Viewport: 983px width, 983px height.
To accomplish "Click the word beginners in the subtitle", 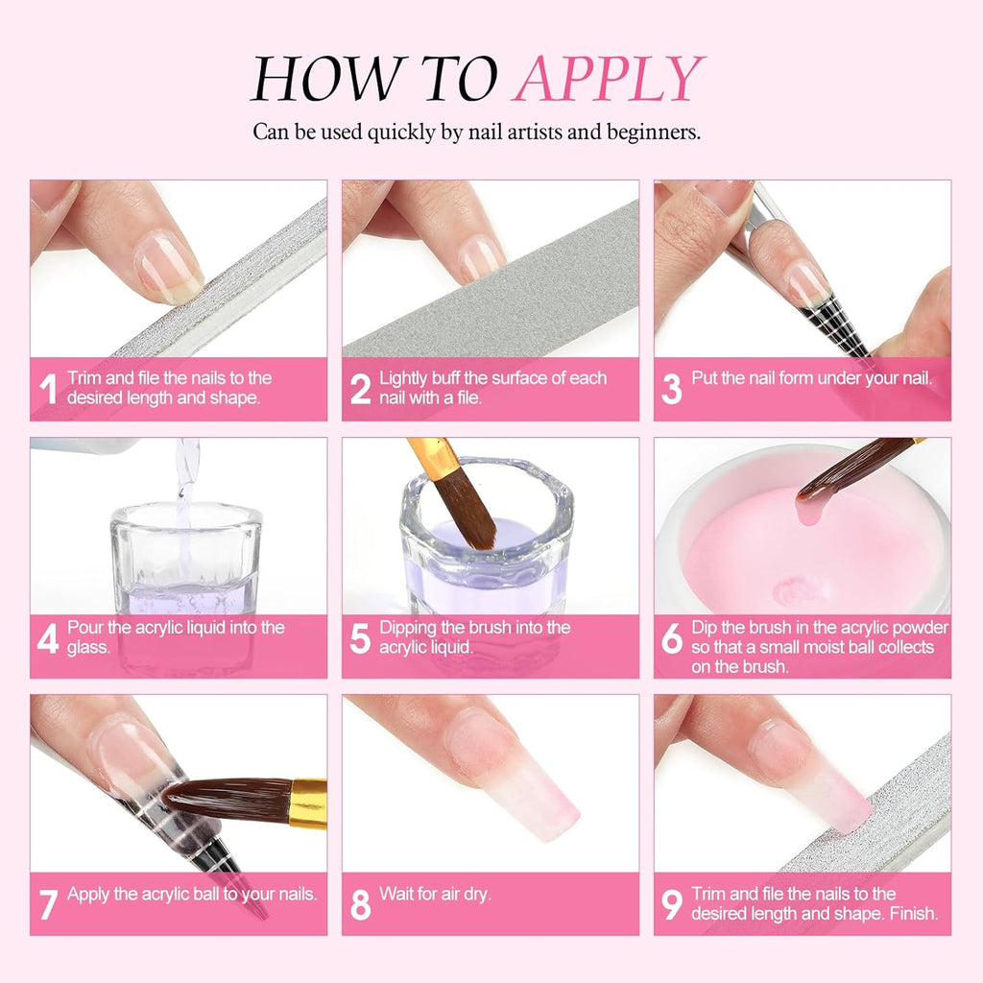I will coord(651,132).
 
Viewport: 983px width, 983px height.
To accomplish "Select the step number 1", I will coord(47,389).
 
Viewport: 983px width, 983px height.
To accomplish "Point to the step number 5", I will coord(360,638).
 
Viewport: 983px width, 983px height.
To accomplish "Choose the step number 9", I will coord(672,902).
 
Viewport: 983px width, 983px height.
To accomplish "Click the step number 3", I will coord(672,389).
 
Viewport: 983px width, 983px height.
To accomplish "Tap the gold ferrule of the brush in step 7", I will coord(308,803).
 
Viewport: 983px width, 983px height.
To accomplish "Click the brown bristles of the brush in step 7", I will coord(226,800).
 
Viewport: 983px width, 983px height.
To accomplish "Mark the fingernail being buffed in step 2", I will coord(480,257).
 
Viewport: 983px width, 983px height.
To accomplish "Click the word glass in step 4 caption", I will coord(88,647).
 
